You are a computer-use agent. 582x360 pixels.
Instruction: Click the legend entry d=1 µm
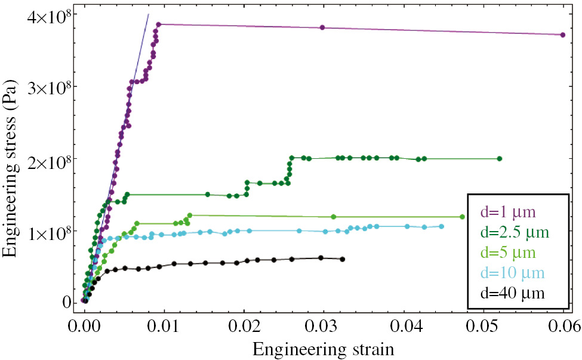(509, 212)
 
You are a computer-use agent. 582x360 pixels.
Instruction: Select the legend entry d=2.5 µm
(515, 232)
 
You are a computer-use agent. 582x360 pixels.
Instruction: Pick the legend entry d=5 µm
(509, 252)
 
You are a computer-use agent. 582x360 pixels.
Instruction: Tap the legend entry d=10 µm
(513, 272)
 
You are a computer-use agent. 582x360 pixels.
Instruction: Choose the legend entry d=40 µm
(513, 293)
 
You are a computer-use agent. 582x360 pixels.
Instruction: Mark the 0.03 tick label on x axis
(324, 325)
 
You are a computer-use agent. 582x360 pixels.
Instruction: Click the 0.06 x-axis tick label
(563, 325)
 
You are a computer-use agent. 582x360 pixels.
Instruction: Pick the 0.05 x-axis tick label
(484, 325)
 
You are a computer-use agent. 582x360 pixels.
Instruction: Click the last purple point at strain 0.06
(563, 35)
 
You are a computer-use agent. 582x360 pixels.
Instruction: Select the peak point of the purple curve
(159, 24)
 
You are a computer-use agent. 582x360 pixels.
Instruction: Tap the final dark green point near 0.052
(500, 159)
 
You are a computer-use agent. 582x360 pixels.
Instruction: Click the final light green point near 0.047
(462, 217)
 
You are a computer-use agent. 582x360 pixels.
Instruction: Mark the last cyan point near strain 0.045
(442, 226)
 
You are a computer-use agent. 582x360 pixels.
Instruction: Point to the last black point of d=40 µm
(342, 259)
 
